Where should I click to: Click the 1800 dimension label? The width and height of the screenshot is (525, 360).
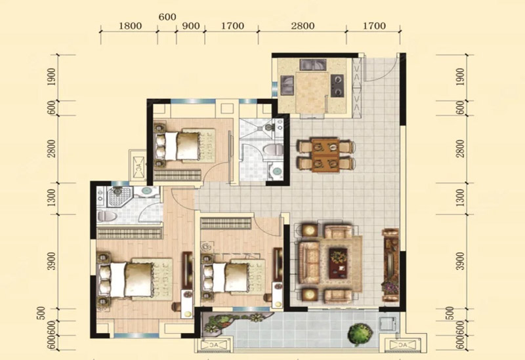(130, 26)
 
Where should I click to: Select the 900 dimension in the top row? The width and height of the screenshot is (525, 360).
(191, 26)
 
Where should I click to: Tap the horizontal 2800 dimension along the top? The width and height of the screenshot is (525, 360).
(303, 26)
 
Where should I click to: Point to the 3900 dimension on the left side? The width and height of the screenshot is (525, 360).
(51, 261)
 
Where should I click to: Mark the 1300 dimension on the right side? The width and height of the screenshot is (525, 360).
(461, 197)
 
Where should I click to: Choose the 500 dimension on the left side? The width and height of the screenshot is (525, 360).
(41, 313)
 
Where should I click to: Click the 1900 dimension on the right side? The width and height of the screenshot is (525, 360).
(461, 77)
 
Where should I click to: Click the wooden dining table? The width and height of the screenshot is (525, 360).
(325, 155)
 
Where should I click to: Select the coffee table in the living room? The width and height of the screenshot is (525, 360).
(338, 264)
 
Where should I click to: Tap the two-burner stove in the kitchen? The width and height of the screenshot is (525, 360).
(337, 85)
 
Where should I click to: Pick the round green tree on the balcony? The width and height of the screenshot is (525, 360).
(360, 333)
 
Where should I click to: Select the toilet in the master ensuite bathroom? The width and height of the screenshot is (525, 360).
(107, 216)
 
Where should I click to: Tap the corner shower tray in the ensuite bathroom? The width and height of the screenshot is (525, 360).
(117, 197)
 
